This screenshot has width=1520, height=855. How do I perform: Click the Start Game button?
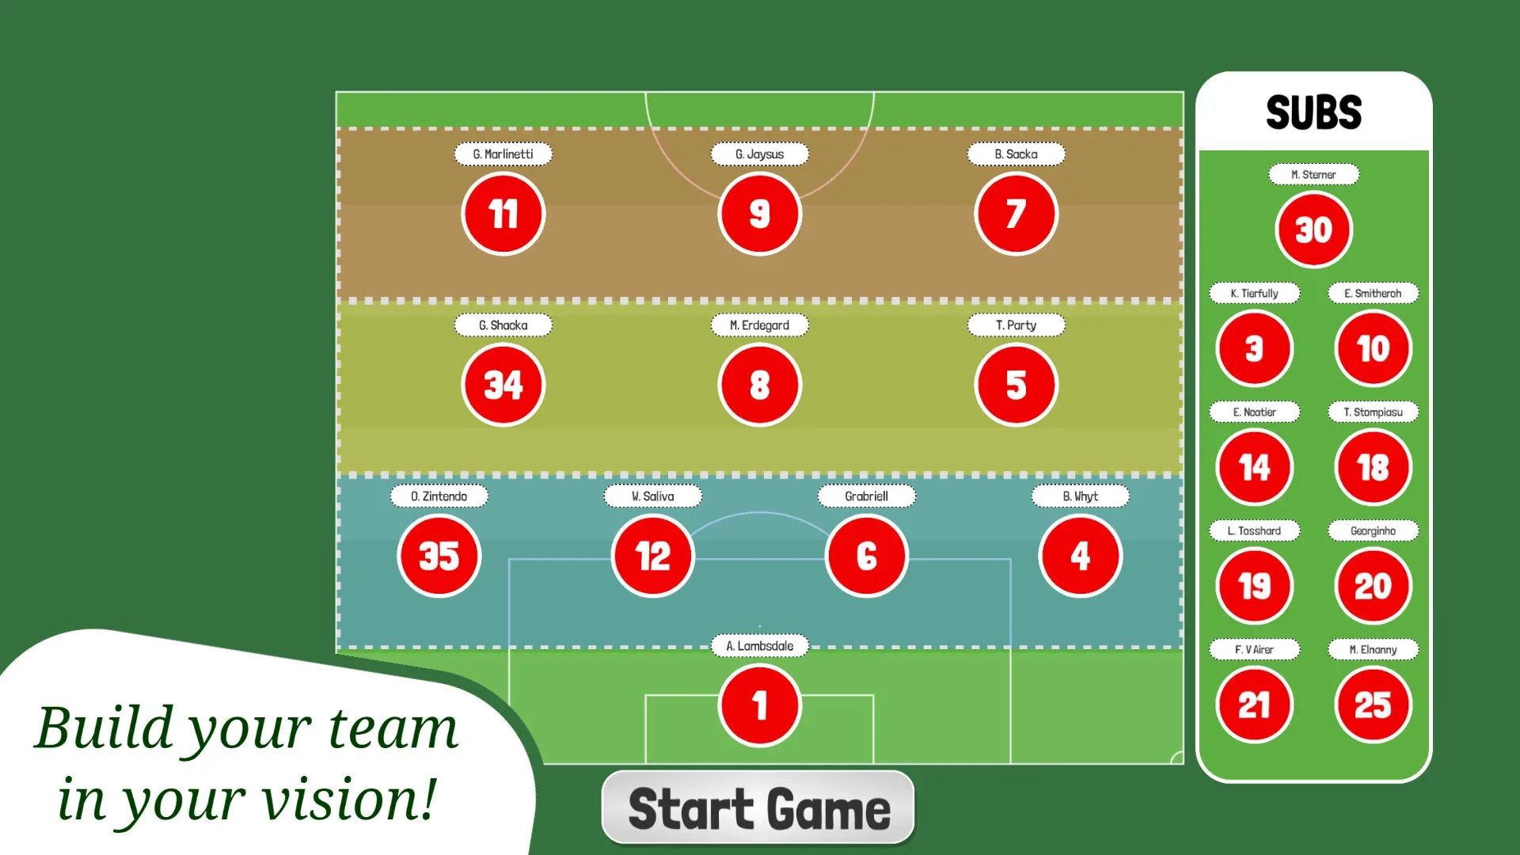(x=758, y=807)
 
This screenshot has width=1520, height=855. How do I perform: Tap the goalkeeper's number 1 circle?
(x=760, y=705)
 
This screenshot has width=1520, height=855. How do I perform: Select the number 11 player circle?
(x=503, y=214)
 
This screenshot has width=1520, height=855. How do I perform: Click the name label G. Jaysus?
(x=760, y=154)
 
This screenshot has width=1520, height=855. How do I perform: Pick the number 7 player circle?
(x=1016, y=214)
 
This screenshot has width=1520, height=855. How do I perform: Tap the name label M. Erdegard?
(x=760, y=325)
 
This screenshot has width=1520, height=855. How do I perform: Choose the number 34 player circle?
(x=503, y=385)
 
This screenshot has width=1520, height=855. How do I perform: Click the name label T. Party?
(x=1016, y=325)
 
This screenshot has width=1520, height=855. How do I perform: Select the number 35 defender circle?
(x=439, y=556)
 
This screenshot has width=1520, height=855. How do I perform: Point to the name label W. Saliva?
(x=653, y=496)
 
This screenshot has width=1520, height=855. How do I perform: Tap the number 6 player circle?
(x=867, y=556)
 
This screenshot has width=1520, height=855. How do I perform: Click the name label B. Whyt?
(x=1081, y=496)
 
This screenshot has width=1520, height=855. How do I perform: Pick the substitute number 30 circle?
(x=1314, y=230)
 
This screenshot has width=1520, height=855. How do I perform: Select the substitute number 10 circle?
(x=1374, y=348)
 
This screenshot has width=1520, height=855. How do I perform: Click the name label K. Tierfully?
(x=1255, y=294)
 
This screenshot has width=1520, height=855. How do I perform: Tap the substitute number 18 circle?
(x=1374, y=467)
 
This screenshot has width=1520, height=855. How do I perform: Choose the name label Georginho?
(x=1374, y=531)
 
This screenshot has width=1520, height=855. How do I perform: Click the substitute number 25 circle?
(x=1374, y=705)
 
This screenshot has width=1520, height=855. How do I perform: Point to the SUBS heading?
(x=1314, y=112)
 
